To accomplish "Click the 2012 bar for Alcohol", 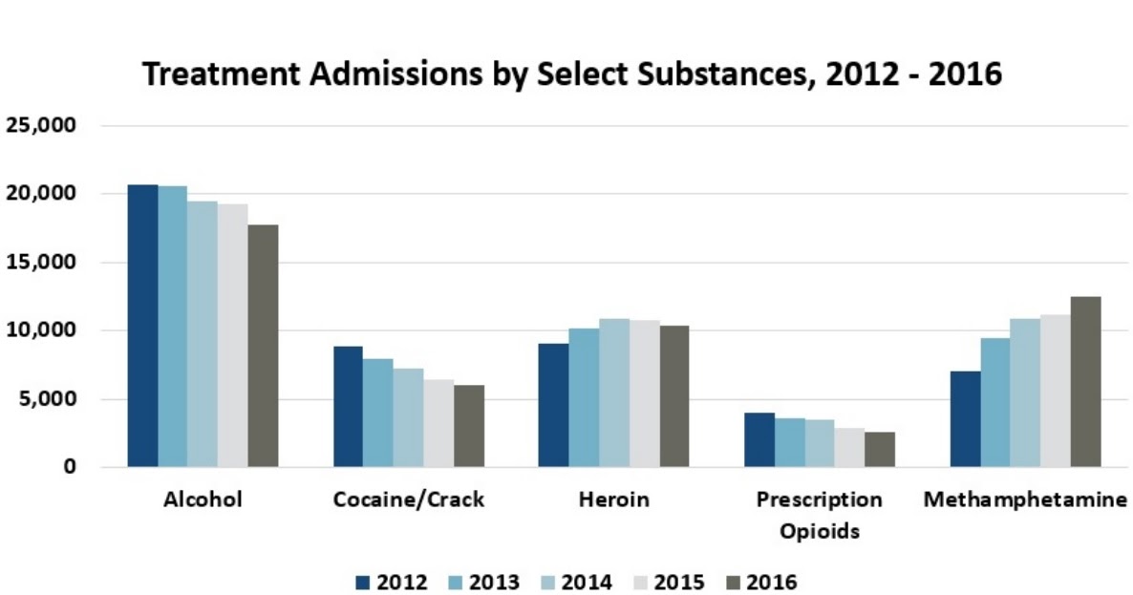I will [142, 326].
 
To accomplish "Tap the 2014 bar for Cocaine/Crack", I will [408, 417].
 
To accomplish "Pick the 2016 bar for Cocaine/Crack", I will [468, 426].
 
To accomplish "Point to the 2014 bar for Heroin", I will [613, 393].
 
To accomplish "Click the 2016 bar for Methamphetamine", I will [1084, 381].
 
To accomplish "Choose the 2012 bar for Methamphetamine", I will [965, 418].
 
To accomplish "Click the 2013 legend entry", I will [484, 582].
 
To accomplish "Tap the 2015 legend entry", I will [669, 582].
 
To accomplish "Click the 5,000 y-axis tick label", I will [47, 399].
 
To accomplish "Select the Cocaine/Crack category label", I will [409, 499].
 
